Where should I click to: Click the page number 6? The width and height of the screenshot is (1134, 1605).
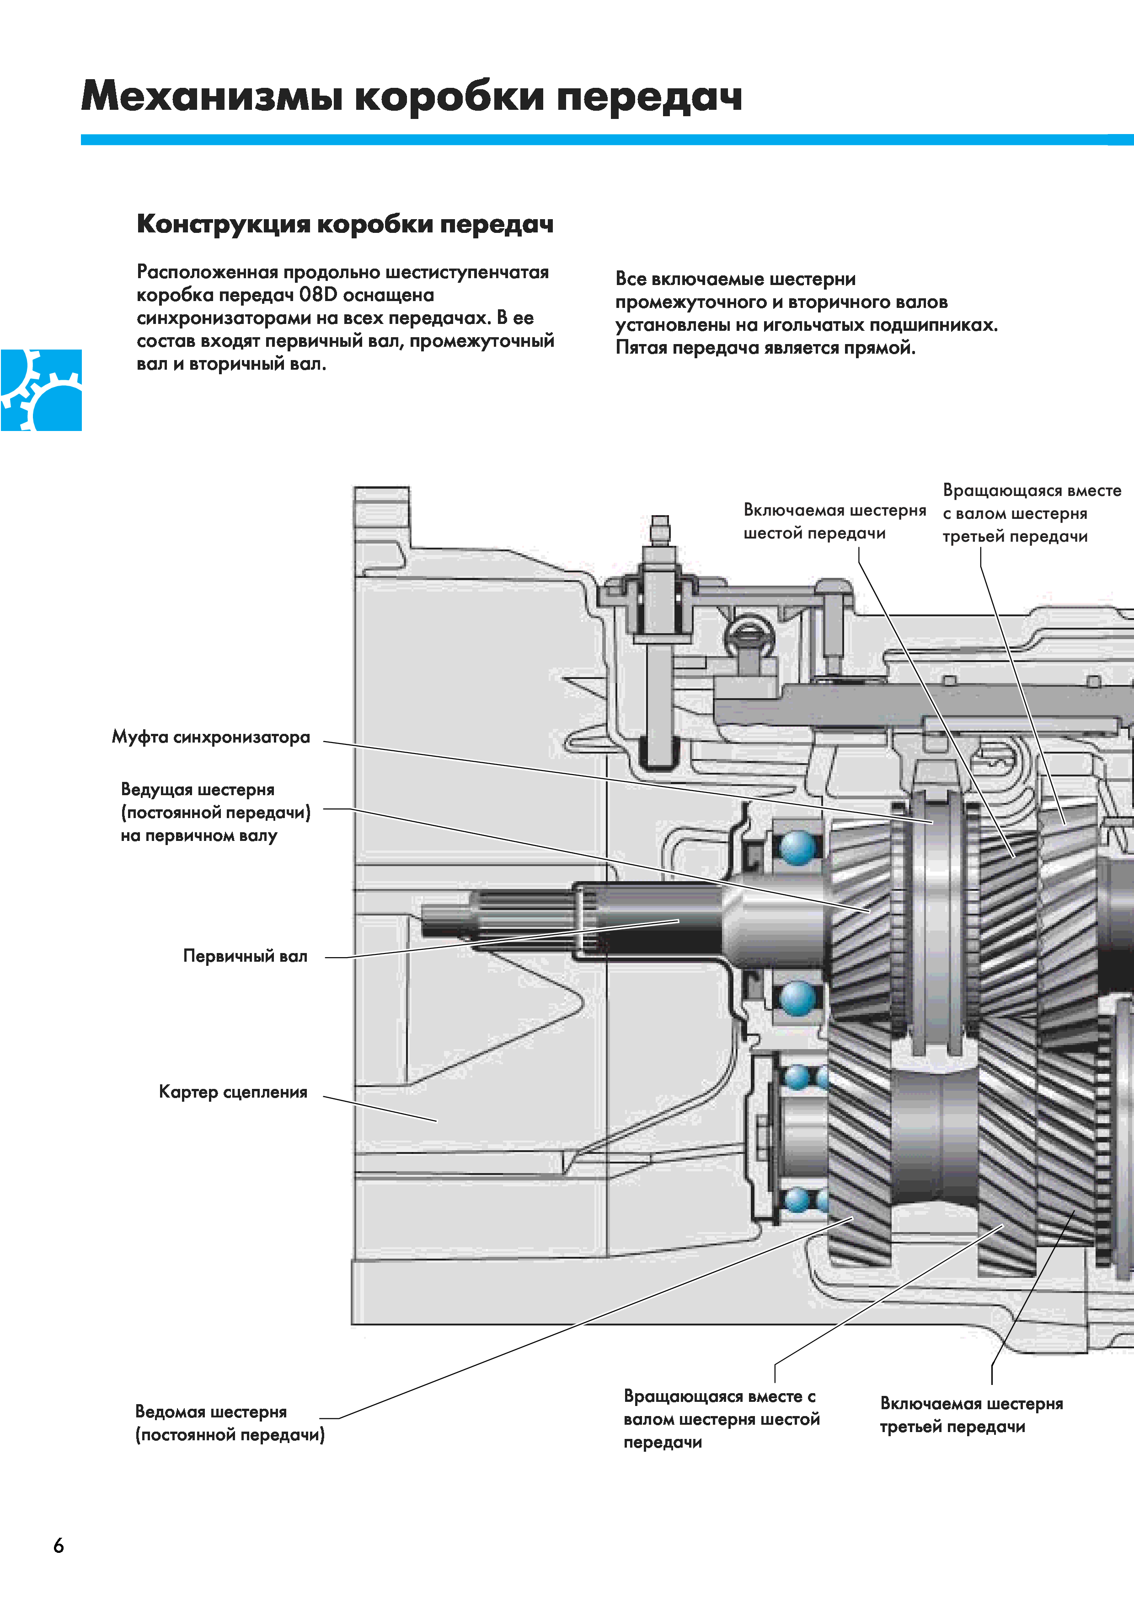59,1546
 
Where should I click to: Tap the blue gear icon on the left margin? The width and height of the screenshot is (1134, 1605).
41,390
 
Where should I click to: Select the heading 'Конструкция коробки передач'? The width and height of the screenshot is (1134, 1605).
345,224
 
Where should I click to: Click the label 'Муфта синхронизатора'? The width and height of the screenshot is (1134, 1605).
211,738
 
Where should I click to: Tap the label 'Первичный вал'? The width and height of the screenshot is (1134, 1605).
245,956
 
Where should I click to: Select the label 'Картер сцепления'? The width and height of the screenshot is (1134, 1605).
233,1092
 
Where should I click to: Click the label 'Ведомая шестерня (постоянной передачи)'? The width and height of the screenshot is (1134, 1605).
230,1423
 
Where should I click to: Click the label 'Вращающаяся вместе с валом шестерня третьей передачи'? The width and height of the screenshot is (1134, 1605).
1031,513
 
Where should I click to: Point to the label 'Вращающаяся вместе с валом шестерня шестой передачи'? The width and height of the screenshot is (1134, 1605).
721,1419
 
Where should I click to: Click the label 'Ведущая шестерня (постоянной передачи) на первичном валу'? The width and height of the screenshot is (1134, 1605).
215,812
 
